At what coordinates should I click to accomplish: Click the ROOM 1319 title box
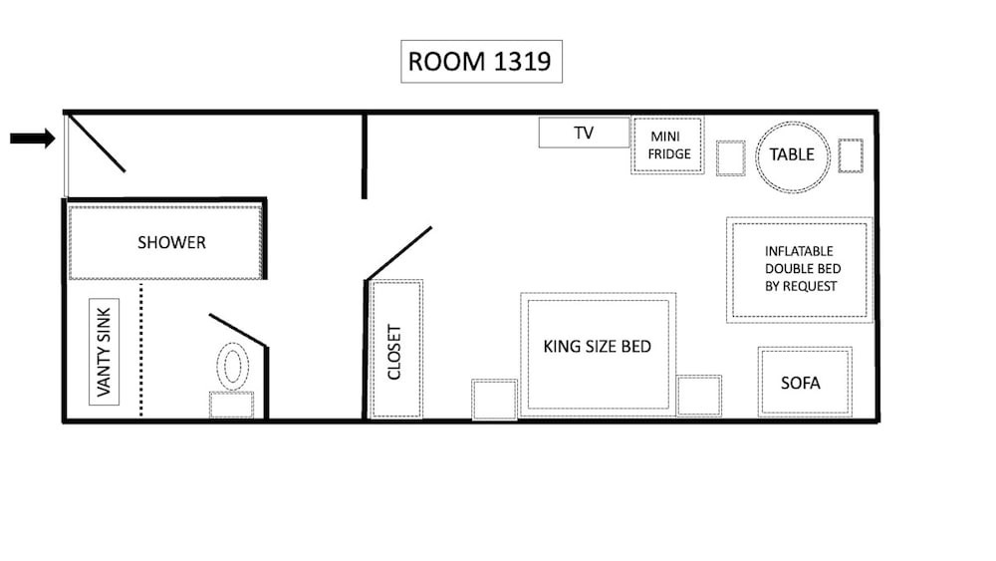click(x=481, y=62)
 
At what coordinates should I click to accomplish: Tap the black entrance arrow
click(x=33, y=138)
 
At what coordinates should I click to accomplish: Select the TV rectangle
click(x=584, y=133)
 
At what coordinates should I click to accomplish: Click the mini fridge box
click(x=667, y=144)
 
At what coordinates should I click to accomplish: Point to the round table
click(x=792, y=156)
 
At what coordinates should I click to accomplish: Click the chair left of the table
click(x=730, y=158)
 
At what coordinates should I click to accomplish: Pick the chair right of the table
click(x=851, y=155)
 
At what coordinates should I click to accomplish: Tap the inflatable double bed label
click(x=802, y=269)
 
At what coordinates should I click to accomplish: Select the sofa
click(x=805, y=382)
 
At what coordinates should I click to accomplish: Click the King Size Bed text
click(x=597, y=346)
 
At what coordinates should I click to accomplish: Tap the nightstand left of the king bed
click(x=494, y=400)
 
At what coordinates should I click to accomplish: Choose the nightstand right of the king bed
click(x=699, y=396)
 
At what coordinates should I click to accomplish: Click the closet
click(x=395, y=350)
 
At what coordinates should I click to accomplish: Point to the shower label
click(x=171, y=243)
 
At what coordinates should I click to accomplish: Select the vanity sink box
click(x=105, y=352)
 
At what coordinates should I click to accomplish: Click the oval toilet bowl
click(x=232, y=367)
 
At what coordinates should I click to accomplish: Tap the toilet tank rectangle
click(x=232, y=405)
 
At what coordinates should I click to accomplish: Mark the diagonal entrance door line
click(x=97, y=142)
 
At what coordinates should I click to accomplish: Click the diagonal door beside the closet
click(x=399, y=253)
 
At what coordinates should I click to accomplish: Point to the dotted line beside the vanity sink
click(x=141, y=350)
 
